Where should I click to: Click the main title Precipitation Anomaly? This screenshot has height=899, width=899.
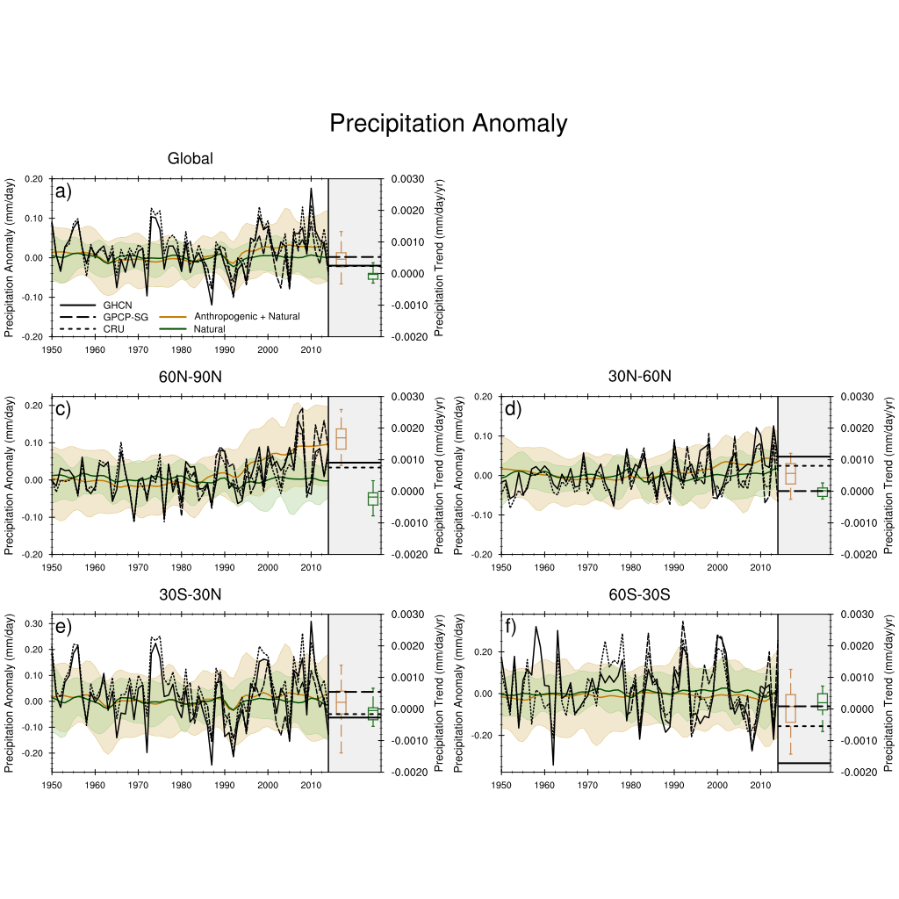coord(448,124)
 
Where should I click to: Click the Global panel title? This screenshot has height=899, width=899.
coord(190,159)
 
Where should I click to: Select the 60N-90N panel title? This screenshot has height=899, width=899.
coord(190,377)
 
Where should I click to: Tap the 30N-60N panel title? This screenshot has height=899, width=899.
coord(640,377)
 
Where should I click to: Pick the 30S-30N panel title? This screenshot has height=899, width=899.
coord(190,594)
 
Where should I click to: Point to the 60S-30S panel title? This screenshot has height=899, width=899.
coord(640,594)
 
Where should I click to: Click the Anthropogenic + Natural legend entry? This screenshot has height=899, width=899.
coord(230,316)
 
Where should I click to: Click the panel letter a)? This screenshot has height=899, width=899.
coord(63,191)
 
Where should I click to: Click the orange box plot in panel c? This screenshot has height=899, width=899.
coord(341,438)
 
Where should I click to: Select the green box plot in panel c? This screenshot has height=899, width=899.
coord(372,499)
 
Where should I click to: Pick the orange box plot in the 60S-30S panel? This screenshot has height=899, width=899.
coord(790,708)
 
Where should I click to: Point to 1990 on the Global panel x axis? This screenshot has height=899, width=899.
coord(225,349)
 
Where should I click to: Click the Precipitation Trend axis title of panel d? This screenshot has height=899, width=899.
coord(888,474)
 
